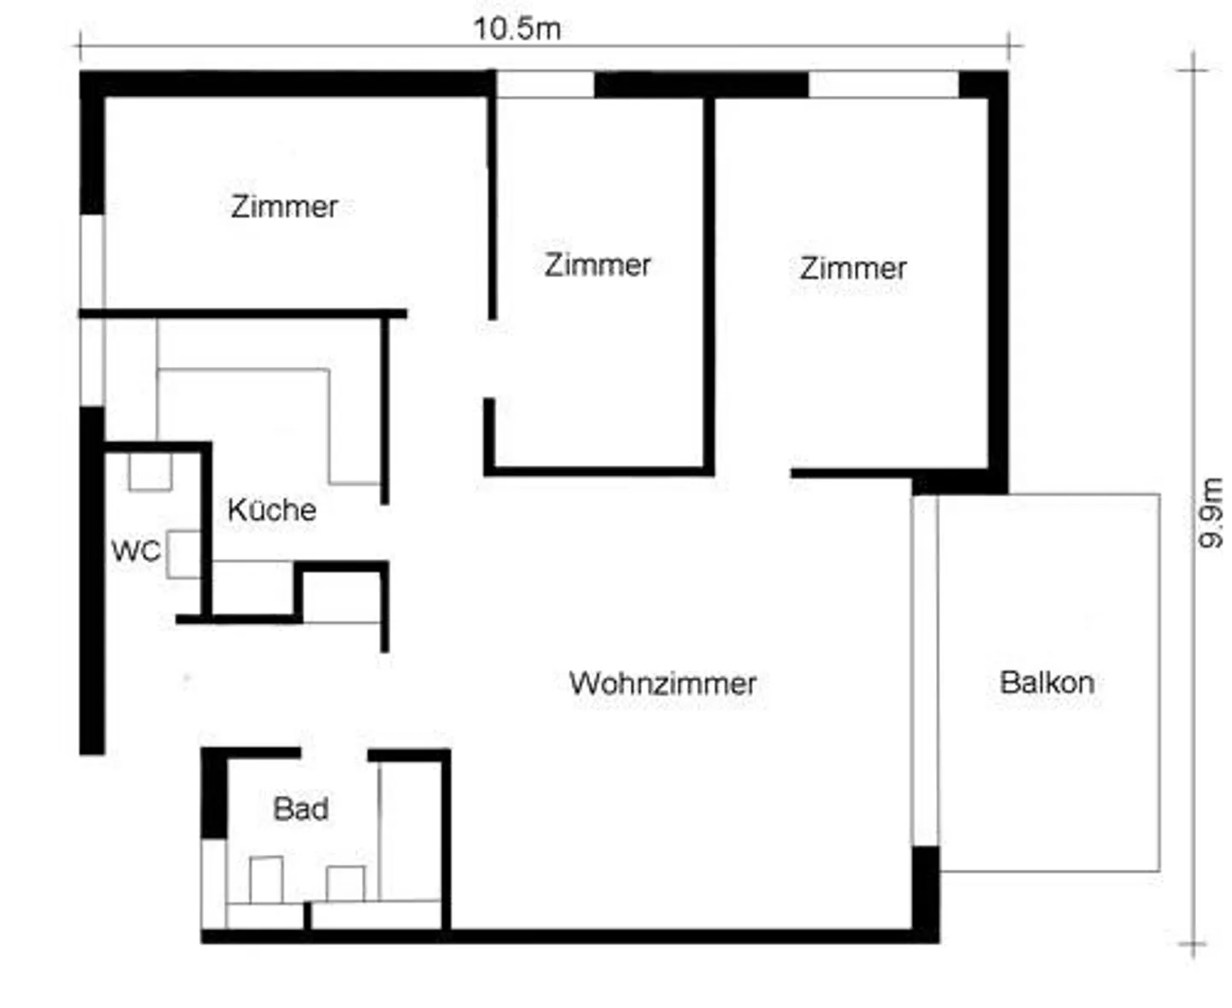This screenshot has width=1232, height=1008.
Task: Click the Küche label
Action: point(272,510)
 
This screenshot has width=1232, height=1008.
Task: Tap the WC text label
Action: point(135,551)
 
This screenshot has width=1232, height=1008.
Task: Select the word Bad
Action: point(300,809)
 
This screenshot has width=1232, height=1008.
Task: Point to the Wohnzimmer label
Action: point(663,683)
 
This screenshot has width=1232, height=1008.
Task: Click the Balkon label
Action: point(1046,682)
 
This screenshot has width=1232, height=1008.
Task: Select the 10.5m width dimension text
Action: point(517,28)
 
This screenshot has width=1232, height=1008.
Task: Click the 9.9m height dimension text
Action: point(1211,513)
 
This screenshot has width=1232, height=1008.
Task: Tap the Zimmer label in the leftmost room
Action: point(284,206)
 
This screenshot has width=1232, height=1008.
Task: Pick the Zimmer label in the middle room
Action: point(597,264)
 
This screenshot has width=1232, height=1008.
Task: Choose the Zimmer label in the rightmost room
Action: point(853,268)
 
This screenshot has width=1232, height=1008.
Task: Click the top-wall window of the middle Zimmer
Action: point(545,85)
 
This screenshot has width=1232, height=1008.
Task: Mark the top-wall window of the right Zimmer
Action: point(883,85)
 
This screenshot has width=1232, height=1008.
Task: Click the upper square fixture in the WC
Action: point(150,471)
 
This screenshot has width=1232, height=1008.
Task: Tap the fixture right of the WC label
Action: point(183,554)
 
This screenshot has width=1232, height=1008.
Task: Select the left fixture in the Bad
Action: point(266,880)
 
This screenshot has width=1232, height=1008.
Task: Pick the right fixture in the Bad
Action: point(346,883)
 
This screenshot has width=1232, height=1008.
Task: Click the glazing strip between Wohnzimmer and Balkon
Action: point(925,670)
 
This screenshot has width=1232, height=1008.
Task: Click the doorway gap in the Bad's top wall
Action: point(335,754)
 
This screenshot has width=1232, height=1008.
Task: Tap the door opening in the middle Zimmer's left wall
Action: point(490,359)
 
